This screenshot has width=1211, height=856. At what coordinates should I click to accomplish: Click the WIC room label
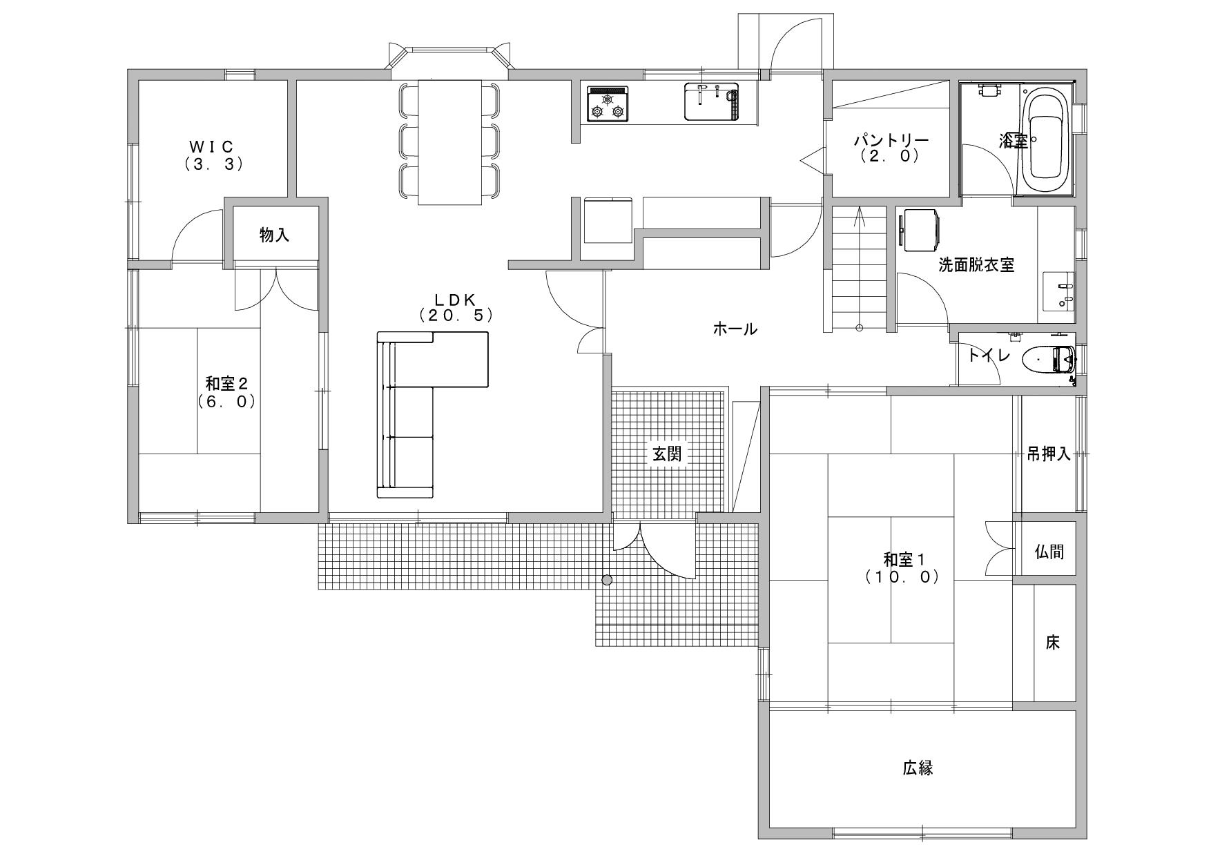click(213, 146)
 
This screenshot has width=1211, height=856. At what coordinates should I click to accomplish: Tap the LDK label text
click(456, 299)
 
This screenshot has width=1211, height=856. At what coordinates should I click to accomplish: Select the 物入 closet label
click(275, 235)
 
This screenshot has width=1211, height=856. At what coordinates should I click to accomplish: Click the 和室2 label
click(226, 384)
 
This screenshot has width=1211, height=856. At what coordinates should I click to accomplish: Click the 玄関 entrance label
click(667, 454)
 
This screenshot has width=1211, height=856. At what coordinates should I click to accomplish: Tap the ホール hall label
click(735, 329)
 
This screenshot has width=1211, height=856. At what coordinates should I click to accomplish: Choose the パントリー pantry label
click(891, 139)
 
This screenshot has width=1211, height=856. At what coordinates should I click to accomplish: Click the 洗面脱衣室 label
click(977, 265)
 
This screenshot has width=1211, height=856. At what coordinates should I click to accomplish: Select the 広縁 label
click(918, 768)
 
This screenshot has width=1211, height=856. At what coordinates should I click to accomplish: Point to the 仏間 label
click(1049, 552)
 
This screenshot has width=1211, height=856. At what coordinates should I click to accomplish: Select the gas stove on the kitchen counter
click(608, 104)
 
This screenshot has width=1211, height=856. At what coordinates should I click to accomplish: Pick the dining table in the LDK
click(450, 142)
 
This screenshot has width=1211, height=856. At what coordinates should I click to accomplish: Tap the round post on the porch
click(607, 580)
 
